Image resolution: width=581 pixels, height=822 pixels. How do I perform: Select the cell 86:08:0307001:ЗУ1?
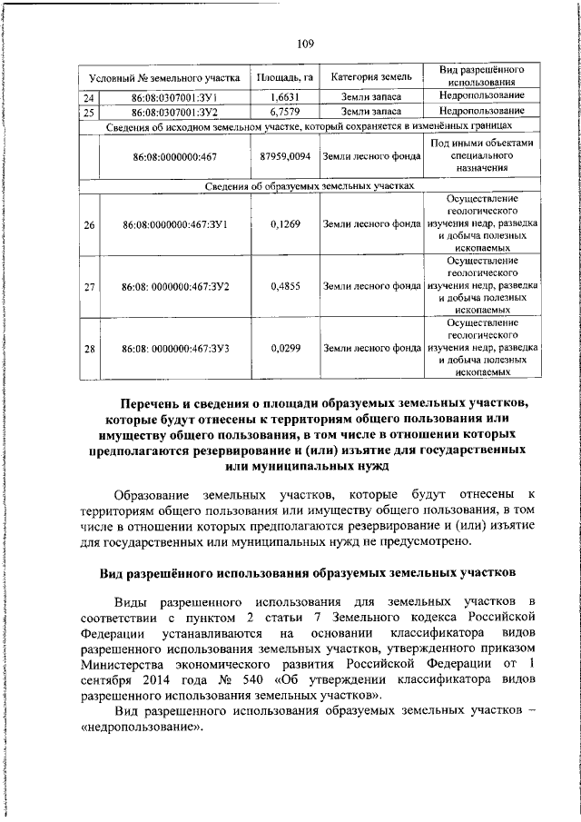171,97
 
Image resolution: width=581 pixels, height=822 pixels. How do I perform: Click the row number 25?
89,113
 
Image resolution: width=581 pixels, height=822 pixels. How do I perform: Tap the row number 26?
89,223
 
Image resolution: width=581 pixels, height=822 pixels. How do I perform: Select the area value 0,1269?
284,223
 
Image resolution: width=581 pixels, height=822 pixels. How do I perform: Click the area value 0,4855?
284,286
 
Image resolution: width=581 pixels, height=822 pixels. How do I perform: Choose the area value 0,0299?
284,347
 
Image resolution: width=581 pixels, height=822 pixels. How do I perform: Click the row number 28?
89,347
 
